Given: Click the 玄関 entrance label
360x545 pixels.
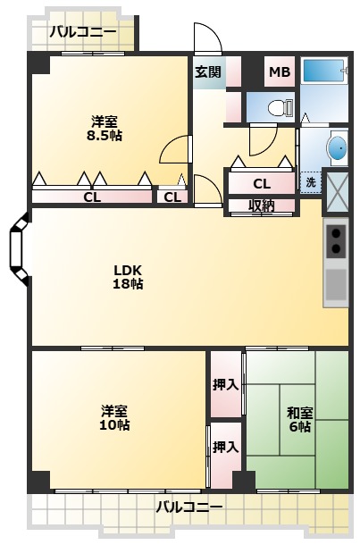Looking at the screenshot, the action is point(208,72).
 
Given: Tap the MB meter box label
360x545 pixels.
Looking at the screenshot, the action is point(280,72).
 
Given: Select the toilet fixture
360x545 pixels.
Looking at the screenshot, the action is point(280,107).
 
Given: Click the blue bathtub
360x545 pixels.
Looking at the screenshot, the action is point(324,71).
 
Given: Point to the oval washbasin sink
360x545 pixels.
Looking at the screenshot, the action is point(337,148).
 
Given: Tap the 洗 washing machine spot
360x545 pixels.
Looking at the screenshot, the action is point(311,182).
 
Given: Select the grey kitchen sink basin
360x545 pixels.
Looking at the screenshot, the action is point(336,284).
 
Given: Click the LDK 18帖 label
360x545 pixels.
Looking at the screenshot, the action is point(128,277).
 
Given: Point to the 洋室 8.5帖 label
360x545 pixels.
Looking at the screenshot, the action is point(105,129).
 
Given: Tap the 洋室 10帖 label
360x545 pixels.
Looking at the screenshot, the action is point(114,418).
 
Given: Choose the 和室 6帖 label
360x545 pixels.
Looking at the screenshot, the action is point(300,420).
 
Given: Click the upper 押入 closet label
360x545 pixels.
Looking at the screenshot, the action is point(226,384).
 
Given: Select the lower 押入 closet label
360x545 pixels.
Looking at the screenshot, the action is point(226,447).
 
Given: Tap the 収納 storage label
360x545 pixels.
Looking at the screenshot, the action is point(262,206).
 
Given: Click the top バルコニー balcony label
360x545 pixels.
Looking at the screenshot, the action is point(83,32).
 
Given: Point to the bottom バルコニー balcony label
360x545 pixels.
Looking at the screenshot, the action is point(189,507).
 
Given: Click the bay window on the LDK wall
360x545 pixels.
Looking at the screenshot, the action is point(20,249).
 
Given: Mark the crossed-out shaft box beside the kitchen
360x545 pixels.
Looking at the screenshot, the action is point(337,190).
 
